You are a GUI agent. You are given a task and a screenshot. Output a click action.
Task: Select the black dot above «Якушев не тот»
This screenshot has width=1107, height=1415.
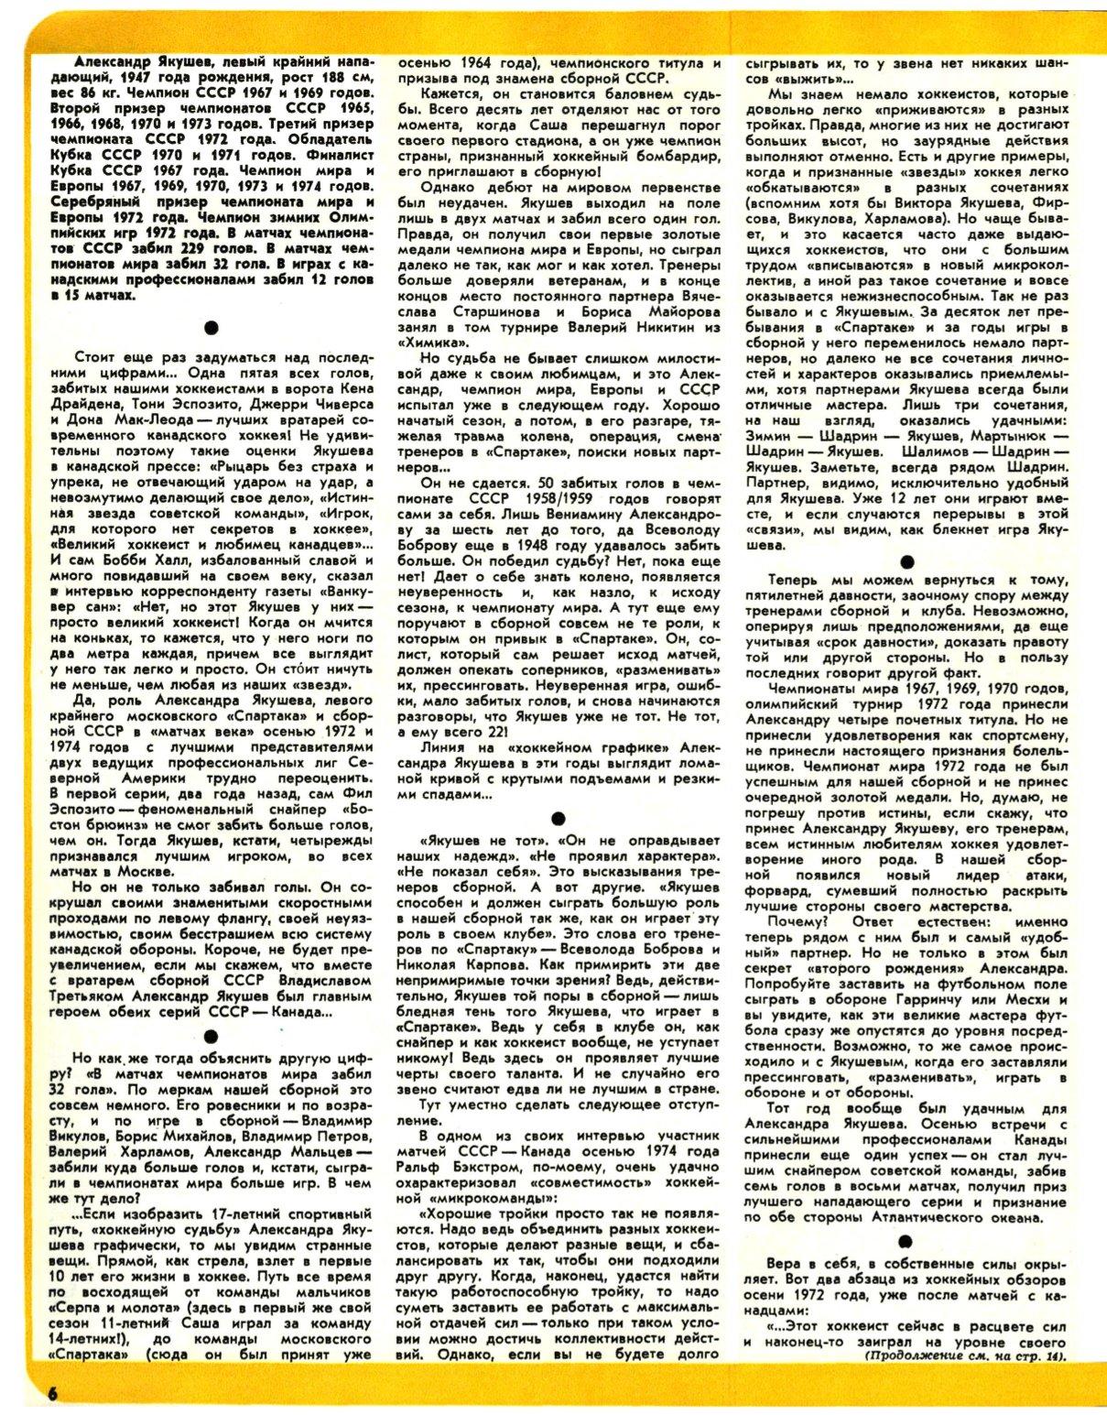click(558, 818)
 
